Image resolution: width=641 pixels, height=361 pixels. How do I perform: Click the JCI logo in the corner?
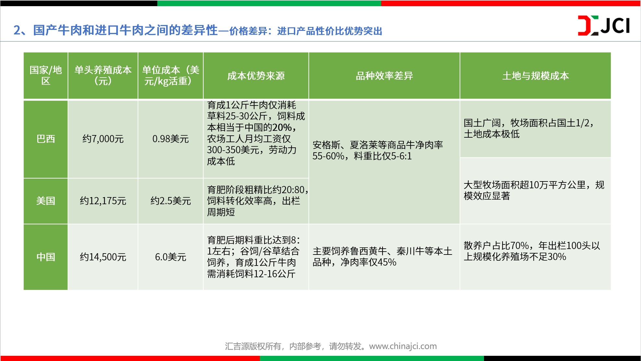[x=604, y=25]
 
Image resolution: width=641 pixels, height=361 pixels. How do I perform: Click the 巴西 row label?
[x=46, y=139]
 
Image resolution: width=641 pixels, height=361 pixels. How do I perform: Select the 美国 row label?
[x=46, y=201]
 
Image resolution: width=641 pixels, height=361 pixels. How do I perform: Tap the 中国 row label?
[x=46, y=257]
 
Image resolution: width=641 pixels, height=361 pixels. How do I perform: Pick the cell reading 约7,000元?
[x=103, y=139]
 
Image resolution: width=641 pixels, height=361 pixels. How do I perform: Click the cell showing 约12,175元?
[x=103, y=201]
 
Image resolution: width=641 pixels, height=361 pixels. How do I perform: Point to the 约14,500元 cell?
[x=103, y=257]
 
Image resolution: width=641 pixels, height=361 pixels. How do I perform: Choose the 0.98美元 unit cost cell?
[x=171, y=139]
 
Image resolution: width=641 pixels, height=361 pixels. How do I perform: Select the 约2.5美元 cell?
[x=171, y=201]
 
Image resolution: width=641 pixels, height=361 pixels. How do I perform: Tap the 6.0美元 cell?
[x=171, y=257]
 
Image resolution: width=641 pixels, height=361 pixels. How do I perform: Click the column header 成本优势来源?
[x=256, y=76]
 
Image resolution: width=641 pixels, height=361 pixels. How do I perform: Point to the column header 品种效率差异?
[x=384, y=76]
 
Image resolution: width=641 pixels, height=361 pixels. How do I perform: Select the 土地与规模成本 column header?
[x=536, y=76]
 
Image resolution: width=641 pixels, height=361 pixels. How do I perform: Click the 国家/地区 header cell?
[x=46, y=76]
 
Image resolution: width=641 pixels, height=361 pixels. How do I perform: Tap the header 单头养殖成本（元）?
[x=103, y=76]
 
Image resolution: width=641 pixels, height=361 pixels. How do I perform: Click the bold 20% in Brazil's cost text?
[x=282, y=127]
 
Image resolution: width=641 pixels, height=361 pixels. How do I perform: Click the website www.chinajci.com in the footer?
[x=403, y=346]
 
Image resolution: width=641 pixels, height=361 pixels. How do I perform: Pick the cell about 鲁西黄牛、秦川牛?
[x=384, y=257]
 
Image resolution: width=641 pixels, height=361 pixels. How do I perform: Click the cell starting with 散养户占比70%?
[x=536, y=257]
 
